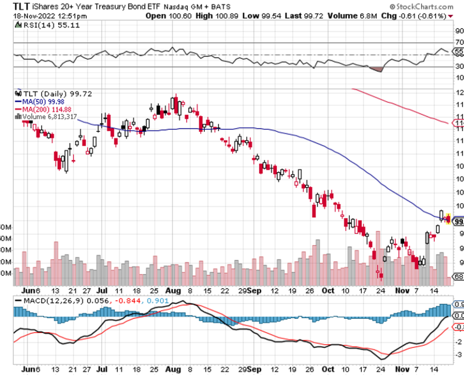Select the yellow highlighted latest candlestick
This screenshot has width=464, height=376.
[x=448, y=219]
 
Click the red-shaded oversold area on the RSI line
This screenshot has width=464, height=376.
[x=376, y=69]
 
